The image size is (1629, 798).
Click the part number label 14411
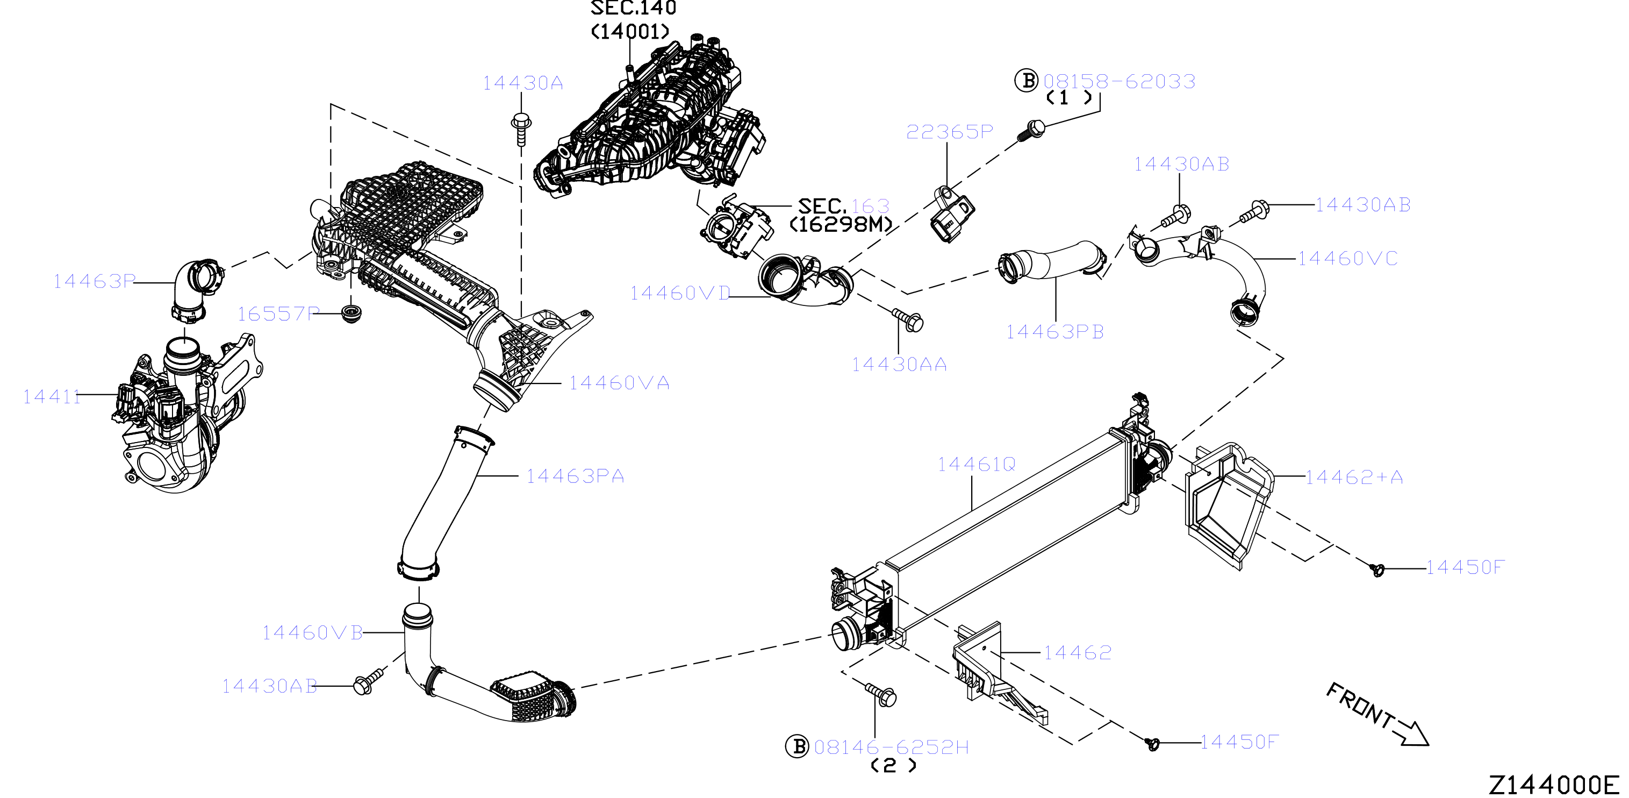click(x=52, y=397)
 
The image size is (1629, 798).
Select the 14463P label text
click(x=94, y=281)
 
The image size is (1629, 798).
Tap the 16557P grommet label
click(x=278, y=314)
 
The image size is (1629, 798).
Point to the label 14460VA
click(x=619, y=383)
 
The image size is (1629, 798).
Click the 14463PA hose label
click(x=575, y=476)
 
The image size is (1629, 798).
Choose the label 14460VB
click(x=312, y=632)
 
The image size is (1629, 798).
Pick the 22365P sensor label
click(x=949, y=132)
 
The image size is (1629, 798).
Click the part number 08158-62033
click(x=1120, y=81)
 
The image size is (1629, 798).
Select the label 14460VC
click(x=1347, y=258)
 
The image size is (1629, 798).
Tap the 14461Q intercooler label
click(x=977, y=465)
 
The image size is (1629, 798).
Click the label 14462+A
click(x=1354, y=476)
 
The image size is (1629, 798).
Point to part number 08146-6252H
click(x=891, y=747)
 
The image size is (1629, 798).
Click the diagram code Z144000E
click(x=1554, y=785)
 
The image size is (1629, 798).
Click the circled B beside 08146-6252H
click(x=797, y=746)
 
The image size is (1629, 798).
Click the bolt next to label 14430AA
click(x=908, y=319)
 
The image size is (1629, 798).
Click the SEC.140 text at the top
click(x=633, y=8)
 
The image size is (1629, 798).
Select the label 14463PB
click(x=1055, y=332)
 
